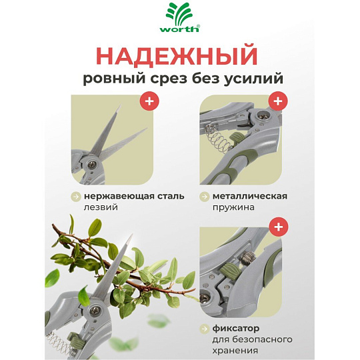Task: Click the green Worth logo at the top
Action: [180, 18]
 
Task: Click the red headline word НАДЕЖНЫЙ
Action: [177, 56]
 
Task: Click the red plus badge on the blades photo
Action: [149, 101]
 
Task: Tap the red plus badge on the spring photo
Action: [278, 101]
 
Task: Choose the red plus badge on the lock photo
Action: [279, 227]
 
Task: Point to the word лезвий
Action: [101, 207]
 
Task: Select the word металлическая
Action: [250, 196]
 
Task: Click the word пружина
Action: [233, 207]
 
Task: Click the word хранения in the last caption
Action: [235, 351]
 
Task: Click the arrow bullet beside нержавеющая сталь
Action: [76, 197]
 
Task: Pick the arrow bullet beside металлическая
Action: [205, 197]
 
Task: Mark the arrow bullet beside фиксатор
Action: [205, 329]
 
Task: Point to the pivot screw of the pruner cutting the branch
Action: [95, 311]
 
